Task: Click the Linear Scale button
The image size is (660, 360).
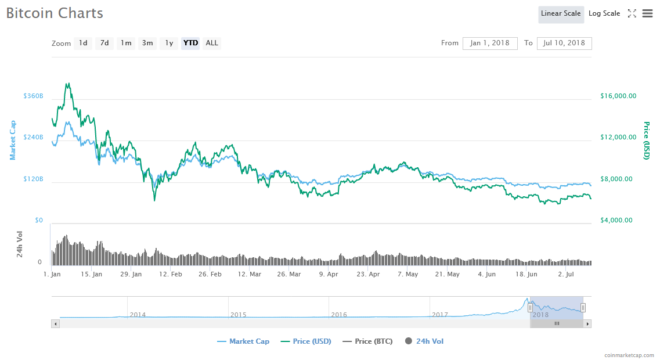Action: coord(561,14)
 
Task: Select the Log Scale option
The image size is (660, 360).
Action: coord(604,14)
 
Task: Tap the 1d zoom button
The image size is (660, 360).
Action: coord(83,43)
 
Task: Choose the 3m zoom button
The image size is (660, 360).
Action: coord(147,43)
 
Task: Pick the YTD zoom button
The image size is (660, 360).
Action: coord(190,43)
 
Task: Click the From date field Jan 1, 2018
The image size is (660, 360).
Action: coord(490,44)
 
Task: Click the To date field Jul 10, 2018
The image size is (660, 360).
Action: coord(564,44)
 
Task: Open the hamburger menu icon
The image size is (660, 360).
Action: coord(647,14)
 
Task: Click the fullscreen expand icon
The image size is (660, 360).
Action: coord(632,14)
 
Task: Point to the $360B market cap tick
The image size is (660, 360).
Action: coord(33,96)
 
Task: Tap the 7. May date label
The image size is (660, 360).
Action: coord(407,274)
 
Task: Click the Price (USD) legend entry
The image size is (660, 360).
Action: coord(306,341)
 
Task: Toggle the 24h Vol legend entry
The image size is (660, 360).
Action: coord(424,341)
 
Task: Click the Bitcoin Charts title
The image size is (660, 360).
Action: coord(55,13)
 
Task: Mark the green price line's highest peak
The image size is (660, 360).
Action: coord(68,84)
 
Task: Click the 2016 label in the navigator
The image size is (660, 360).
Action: coord(339,315)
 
